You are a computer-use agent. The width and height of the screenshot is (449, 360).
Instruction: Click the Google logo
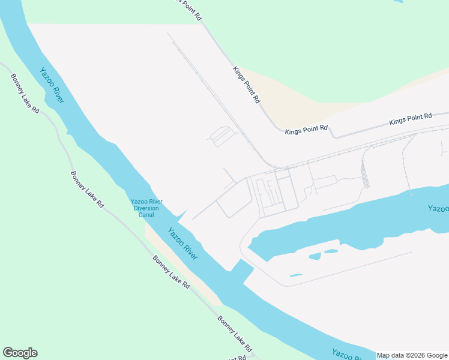[20, 353]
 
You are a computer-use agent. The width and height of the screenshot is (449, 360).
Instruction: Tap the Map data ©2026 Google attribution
[412, 355]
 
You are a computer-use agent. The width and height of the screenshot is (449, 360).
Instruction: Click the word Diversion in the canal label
[146, 208]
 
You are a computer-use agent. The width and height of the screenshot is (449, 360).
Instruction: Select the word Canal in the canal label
[146, 215]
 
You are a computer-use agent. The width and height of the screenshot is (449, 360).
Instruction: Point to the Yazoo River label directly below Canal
[182, 244]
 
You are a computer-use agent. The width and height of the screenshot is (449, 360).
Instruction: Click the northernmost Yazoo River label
[52, 85]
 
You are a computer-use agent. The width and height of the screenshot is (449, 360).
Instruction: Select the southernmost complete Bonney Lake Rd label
[235, 334]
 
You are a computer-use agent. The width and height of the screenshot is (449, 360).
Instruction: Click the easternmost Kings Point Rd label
[411, 118]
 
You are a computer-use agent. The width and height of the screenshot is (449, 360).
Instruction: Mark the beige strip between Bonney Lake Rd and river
[180, 264]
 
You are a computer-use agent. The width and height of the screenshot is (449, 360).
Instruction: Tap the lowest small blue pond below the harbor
[295, 275]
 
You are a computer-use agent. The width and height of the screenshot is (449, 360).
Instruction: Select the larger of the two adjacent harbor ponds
[315, 256]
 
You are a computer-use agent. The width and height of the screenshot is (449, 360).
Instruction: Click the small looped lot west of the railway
[221, 136]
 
